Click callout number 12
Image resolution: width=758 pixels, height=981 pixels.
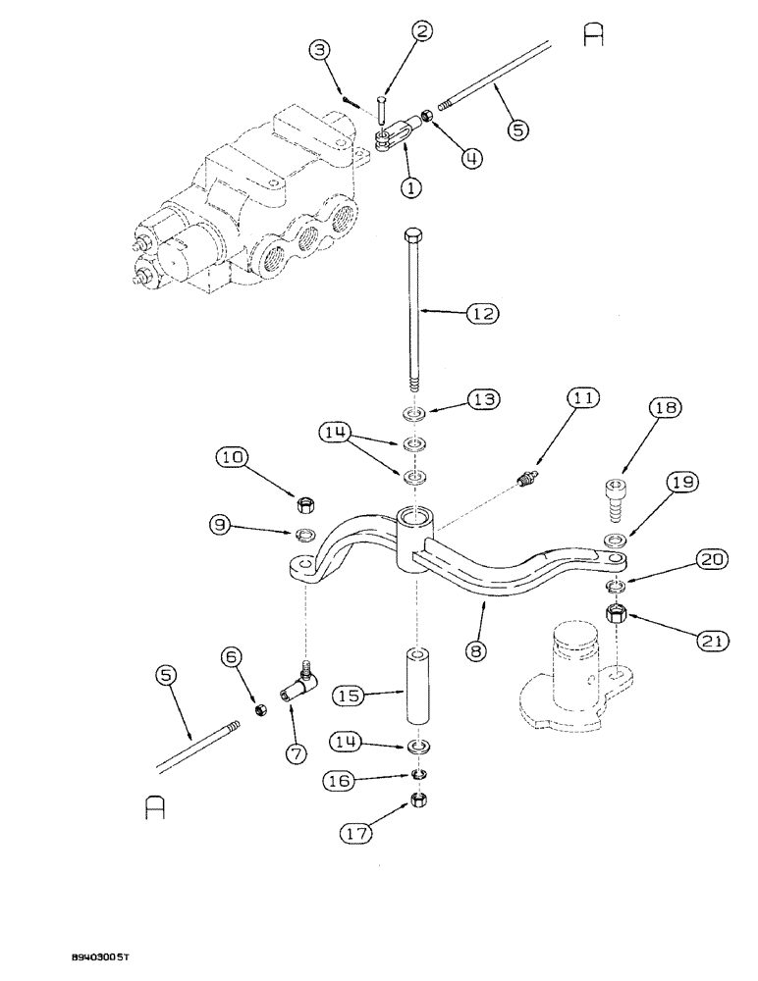click(484, 314)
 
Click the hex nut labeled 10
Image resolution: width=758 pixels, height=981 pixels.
click(304, 505)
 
